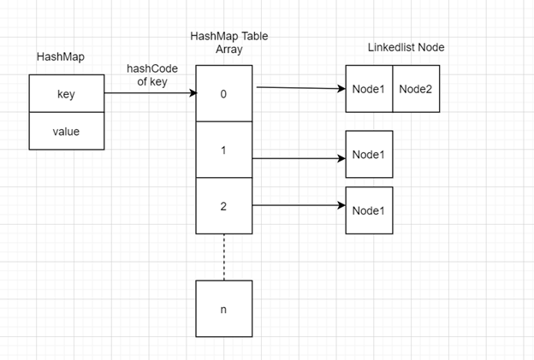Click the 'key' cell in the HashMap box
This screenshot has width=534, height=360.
pos(66,94)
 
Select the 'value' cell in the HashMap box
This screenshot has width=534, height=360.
pos(66,132)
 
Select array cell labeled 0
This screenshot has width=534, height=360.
pos(223,94)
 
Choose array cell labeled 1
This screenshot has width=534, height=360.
pos(223,150)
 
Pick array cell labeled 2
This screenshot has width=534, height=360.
pos(223,205)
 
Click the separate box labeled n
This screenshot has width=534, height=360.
pos(223,308)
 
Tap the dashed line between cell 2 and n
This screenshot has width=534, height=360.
pos(223,257)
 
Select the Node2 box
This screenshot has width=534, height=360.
pos(416,89)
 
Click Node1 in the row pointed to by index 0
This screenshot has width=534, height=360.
pos(369,89)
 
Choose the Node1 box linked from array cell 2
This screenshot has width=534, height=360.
pos(369,210)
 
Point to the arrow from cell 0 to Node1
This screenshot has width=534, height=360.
pos(300,87)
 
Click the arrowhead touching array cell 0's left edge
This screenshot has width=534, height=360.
pos(192,94)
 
